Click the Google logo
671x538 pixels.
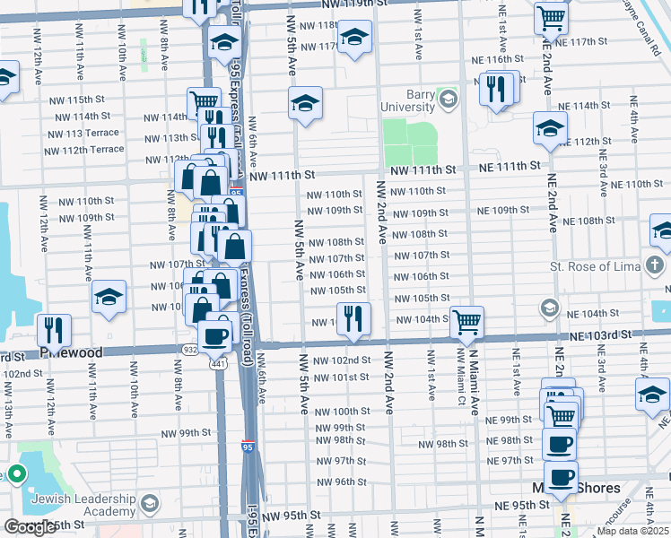(29, 527)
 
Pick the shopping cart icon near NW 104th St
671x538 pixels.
(466, 322)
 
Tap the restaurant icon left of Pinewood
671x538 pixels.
(55, 330)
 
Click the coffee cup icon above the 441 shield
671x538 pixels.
(214, 336)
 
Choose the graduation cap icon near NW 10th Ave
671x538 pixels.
(109, 299)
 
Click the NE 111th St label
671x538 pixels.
(510, 166)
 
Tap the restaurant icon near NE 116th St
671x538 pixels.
(494, 89)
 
